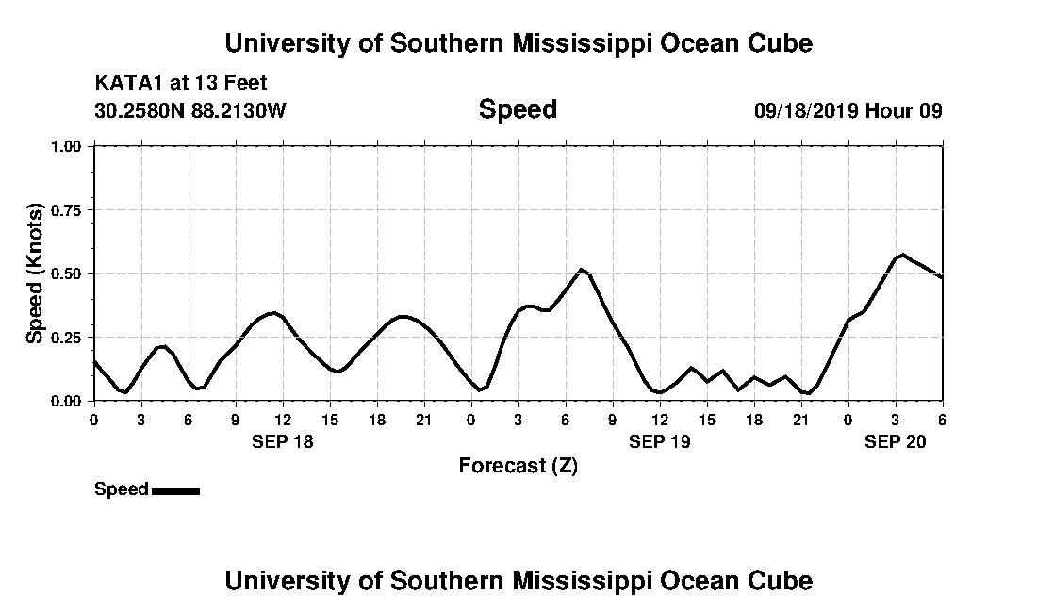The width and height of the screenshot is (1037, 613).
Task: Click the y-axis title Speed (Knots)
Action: point(35,273)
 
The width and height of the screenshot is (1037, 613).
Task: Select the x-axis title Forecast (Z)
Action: point(518,465)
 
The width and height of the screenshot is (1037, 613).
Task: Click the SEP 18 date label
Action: point(283,440)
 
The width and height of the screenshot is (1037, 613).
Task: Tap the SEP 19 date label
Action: point(660,440)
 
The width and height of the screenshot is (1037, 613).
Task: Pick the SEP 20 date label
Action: point(896,440)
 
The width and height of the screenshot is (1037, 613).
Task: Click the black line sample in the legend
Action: point(175,489)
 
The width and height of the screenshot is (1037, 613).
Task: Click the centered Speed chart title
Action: point(518,110)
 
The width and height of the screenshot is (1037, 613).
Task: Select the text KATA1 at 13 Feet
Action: point(181,83)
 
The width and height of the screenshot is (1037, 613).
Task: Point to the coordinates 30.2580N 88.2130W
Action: point(190,111)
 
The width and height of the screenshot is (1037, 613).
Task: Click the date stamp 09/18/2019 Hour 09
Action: point(848,111)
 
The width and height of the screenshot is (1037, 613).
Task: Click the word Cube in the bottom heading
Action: point(782,580)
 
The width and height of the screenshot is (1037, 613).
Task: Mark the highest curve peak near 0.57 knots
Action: point(902,255)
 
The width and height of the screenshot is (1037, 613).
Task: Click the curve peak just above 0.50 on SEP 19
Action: point(582,270)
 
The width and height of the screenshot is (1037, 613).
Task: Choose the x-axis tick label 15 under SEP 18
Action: point(330,420)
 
